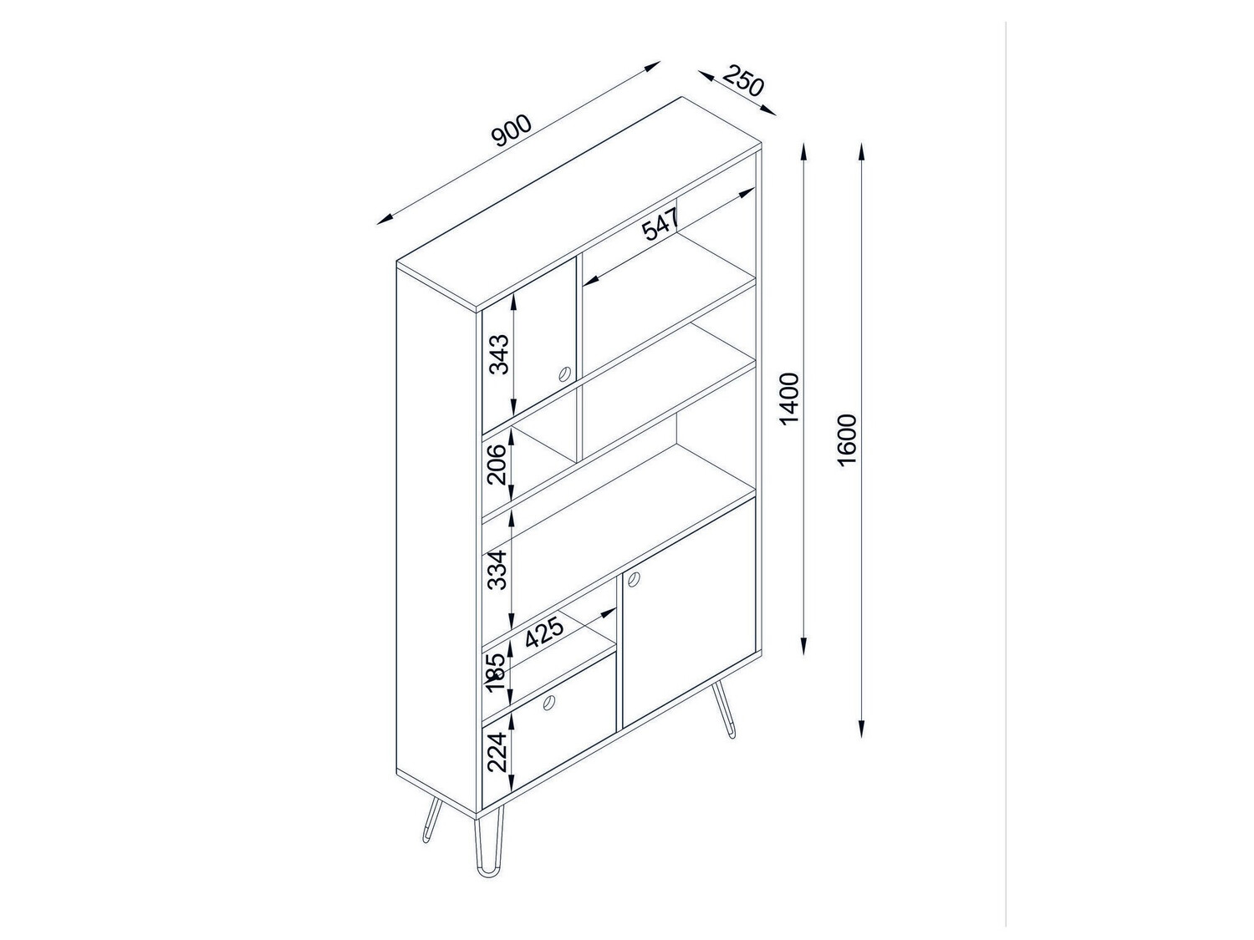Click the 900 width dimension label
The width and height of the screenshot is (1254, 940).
pyautogui.click(x=512, y=130)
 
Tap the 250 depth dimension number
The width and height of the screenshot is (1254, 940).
pyautogui.click(x=742, y=80)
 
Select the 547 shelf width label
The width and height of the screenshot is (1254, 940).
pyautogui.click(x=660, y=223)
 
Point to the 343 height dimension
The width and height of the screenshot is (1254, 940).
pyautogui.click(x=499, y=353)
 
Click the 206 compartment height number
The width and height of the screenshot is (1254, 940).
pyautogui.click(x=499, y=464)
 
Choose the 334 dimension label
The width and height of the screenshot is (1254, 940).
pyautogui.click(x=498, y=570)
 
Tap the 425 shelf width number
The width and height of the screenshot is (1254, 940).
pyautogui.click(x=544, y=633)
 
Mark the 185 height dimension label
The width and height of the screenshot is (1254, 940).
pyautogui.click(x=498, y=673)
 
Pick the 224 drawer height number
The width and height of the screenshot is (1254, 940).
pyautogui.click(x=498, y=752)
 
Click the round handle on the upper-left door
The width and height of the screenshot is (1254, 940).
pyautogui.click(x=564, y=373)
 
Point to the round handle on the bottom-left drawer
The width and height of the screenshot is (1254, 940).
pyautogui.click(x=549, y=703)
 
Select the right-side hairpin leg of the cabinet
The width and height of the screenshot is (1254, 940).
pyautogui.click(x=722, y=712)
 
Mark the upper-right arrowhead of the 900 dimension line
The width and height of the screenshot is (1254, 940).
pyautogui.click(x=652, y=66)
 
